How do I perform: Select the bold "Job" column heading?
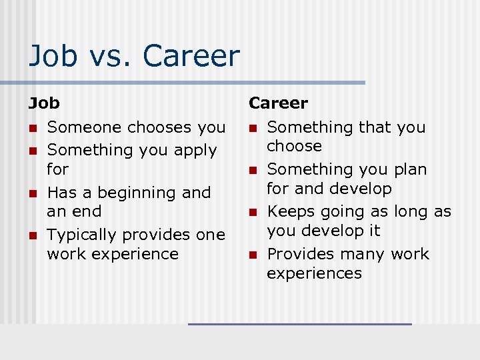pyautogui.click(x=44, y=103)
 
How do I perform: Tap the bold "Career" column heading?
pyautogui.click(x=278, y=103)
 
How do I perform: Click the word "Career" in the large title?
pyautogui.click(x=191, y=56)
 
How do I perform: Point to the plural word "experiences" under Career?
pyautogui.click(x=314, y=273)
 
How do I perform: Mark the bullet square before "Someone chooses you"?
pyautogui.click(x=31, y=128)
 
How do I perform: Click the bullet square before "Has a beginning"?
pyautogui.click(x=31, y=193)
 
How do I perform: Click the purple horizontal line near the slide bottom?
pyautogui.click(x=300, y=324)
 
